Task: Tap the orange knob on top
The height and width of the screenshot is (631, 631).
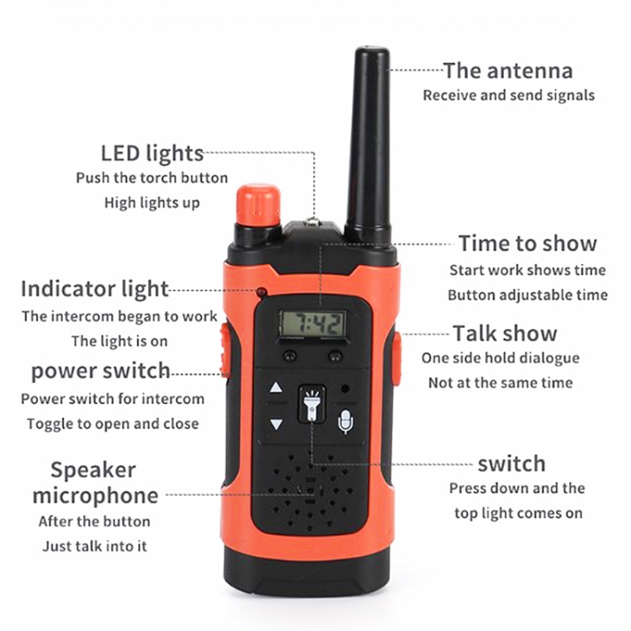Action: [x=258, y=205]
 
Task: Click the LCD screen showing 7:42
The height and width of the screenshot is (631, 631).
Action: [x=313, y=323]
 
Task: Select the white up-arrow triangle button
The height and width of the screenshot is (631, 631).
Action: [x=276, y=387]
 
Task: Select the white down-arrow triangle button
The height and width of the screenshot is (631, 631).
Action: [x=276, y=424]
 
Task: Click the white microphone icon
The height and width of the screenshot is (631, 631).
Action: [x=346, y=422]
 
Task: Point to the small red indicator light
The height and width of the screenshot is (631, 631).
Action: [x=262, y=292]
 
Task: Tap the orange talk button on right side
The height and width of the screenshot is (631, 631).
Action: [x=397, y=358]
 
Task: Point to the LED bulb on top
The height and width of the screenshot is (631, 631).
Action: [x=313, y=221]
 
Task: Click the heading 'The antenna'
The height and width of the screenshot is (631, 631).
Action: [x=508, y=71]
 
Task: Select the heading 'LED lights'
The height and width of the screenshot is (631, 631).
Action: [x=152, y=153]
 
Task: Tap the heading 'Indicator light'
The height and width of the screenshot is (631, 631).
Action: [x=95, y=289]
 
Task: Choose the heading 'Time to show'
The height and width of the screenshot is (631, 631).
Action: [x=528, y=243]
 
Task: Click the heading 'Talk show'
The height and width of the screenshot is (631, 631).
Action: [x=505, y=334]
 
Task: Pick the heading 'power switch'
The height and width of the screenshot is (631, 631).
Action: [x=101, y=371]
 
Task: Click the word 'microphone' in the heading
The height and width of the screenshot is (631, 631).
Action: [x=95, y=496]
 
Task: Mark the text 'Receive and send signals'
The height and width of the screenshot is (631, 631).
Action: [x=509, y=95]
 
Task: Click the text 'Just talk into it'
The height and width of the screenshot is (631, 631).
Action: [x=95, y=546]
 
